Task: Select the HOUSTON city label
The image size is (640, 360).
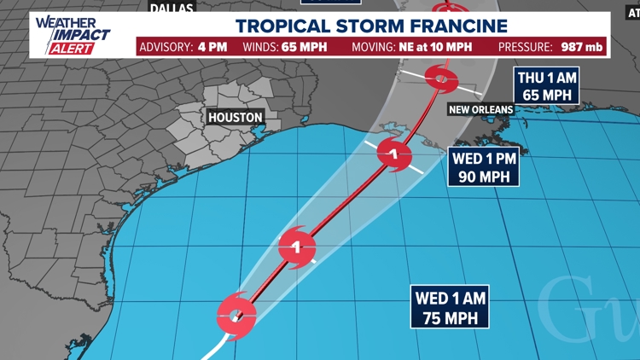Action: [x=231, y=117]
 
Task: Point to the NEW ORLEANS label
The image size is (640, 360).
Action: [x=481, y=109]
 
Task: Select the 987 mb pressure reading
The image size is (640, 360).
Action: [x=582, y=47]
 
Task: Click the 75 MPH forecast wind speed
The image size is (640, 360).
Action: [x=451, y=317]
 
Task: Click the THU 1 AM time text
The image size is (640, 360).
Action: [x=547, y=78]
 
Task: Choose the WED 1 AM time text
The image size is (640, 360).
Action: [x=451, y=298]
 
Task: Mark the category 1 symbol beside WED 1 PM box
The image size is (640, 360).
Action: [x=394, y=155]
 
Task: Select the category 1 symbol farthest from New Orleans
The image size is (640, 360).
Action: [x=297, y=248]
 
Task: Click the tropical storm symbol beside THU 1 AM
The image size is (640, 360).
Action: [x=440, y=80]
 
